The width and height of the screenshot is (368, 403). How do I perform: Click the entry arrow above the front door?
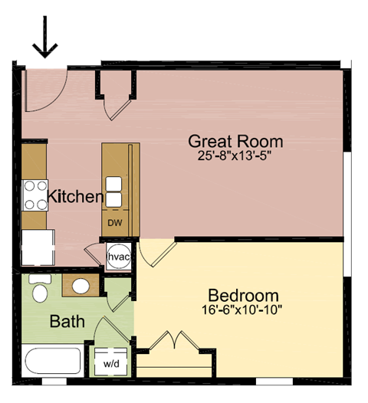click(x=47, y=38)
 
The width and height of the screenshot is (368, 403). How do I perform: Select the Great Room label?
click(x=235, y=142)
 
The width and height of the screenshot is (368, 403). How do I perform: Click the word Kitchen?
click(x=75, y=198)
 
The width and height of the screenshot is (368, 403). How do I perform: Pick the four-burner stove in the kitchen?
click(x=34, y=195)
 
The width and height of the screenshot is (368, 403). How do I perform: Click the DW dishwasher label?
click(x=114, y=223)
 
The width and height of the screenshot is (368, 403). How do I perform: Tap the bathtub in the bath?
click(x=52, y=360)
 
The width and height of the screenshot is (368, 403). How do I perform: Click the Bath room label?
click(x=67, y=322)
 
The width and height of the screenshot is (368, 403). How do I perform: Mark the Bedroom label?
click(x=244, y=296)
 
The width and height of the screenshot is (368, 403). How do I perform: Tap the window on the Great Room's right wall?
click(x=348, y=215)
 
